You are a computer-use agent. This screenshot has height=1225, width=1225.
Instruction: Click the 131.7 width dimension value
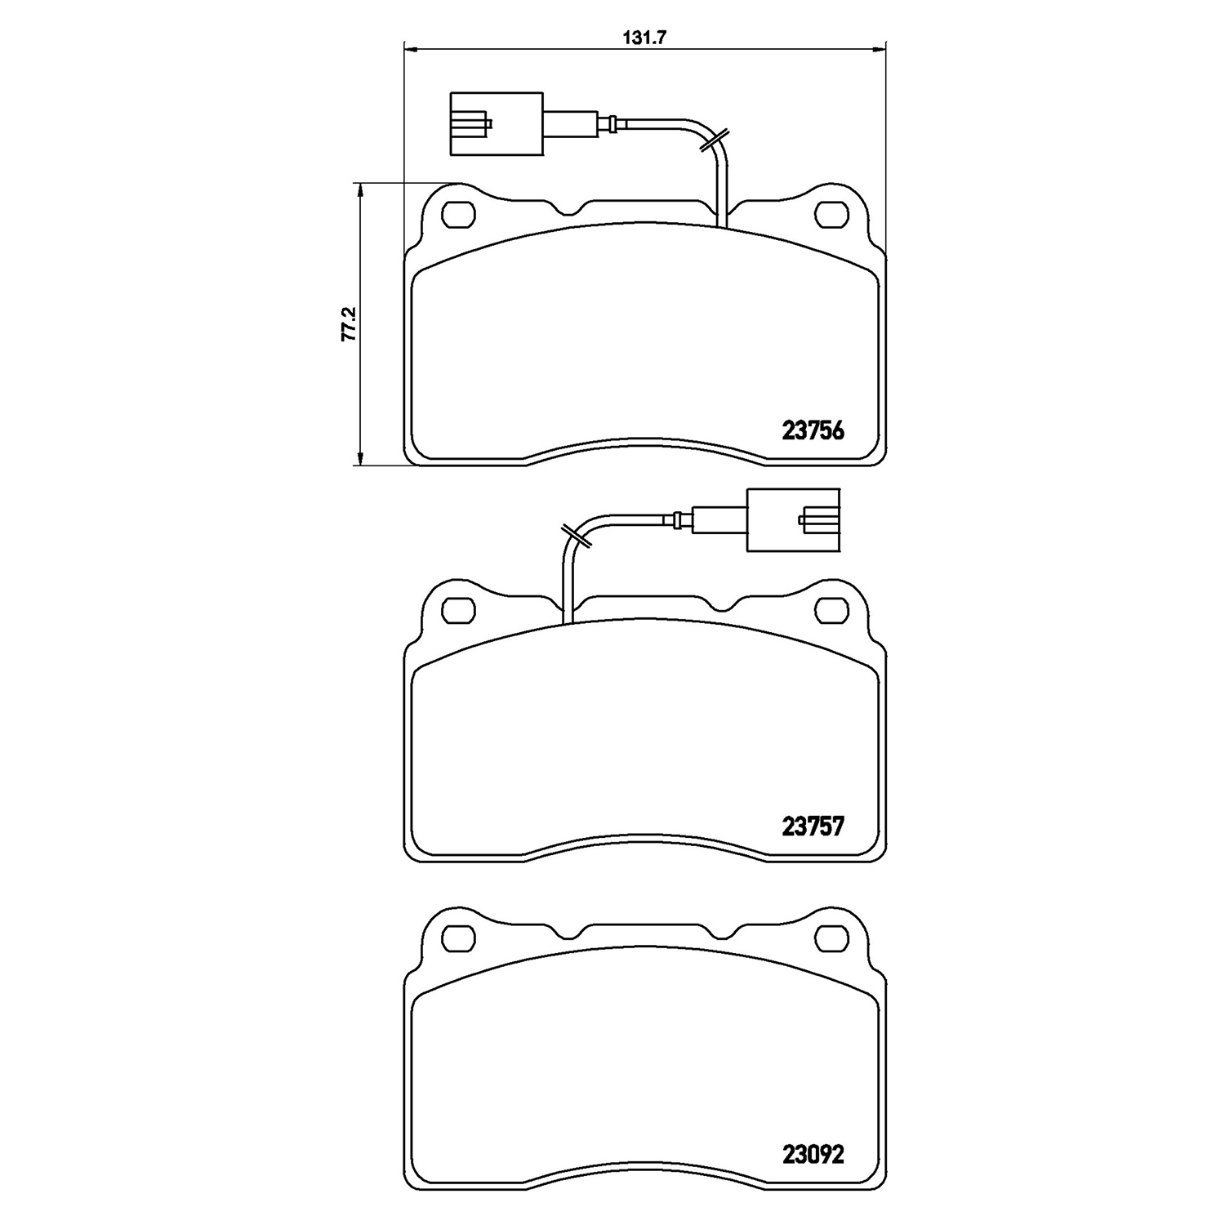point(641,37)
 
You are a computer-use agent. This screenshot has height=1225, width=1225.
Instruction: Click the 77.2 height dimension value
point(348,323)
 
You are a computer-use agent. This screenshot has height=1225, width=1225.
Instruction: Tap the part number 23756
point(813,430)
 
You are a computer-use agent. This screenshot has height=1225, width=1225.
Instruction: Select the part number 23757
point(813,827)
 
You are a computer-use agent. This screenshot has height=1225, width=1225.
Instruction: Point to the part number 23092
point(813,1154)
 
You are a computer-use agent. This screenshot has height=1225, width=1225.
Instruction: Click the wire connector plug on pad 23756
point(496,123)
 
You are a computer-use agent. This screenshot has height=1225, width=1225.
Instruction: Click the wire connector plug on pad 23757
point(794,519)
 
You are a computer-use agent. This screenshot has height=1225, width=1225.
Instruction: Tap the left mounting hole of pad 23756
point(458,214)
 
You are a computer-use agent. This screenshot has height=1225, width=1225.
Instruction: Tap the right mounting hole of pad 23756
point(832,214)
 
